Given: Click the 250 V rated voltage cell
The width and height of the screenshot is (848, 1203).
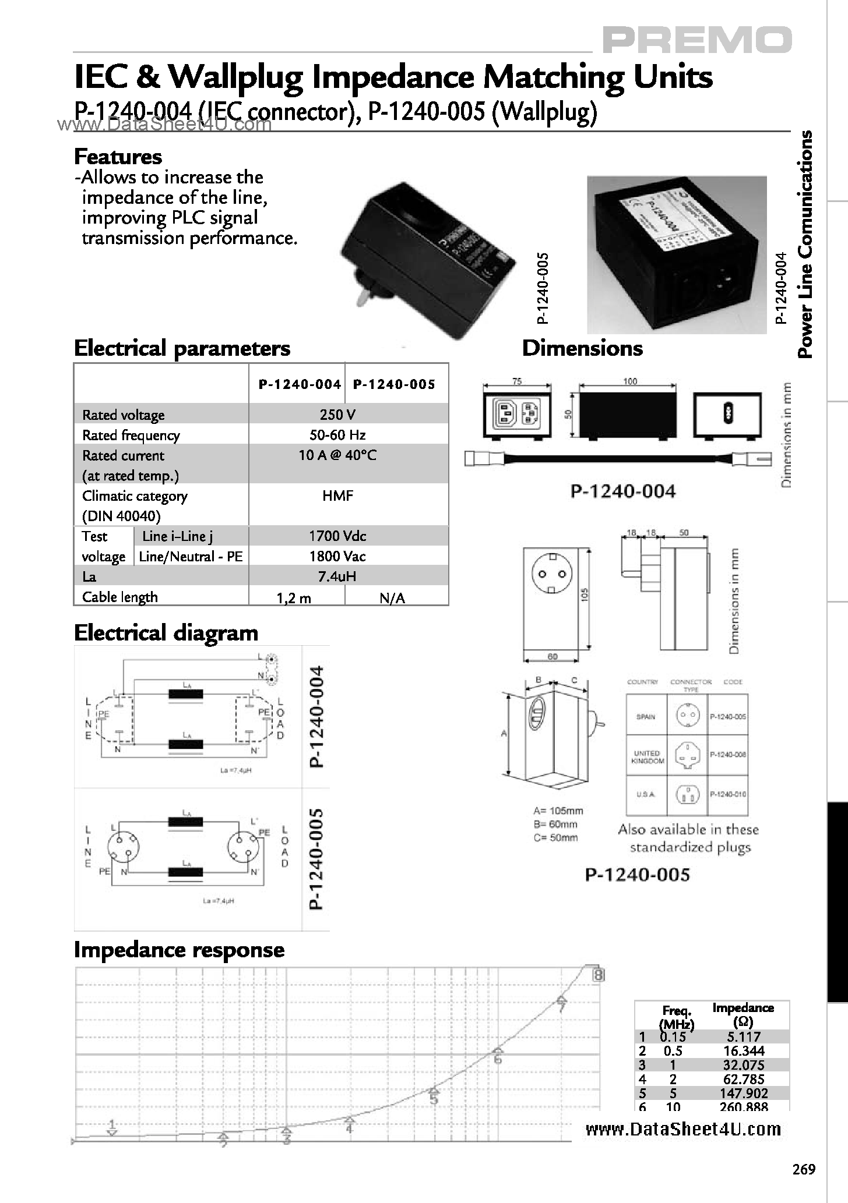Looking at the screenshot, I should pos(337,415).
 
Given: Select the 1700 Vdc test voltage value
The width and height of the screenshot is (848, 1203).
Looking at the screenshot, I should pos(337,536).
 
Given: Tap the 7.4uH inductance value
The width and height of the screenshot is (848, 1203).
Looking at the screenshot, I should pos(337,576).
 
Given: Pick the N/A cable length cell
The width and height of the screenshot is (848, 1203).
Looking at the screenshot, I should pos(392,598).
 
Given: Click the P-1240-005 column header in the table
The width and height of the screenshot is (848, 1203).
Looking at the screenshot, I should pos(395,384).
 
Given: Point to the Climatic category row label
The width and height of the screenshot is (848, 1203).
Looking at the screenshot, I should pos(135,496).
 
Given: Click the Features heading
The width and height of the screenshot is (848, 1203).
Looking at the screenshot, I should pos(118,157).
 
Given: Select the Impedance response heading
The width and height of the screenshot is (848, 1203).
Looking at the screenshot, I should pos(179,950).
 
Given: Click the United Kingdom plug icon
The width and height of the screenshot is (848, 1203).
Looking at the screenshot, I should pos(687,755).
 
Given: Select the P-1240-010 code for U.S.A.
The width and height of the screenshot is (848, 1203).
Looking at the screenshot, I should pos(727,794).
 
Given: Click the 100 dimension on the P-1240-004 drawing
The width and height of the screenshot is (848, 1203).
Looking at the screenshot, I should pos(629,381).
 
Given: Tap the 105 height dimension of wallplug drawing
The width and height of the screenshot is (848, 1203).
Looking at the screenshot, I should pos(585,594).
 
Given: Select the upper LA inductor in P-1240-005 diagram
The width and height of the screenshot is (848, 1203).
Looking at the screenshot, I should pos(186,822).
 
